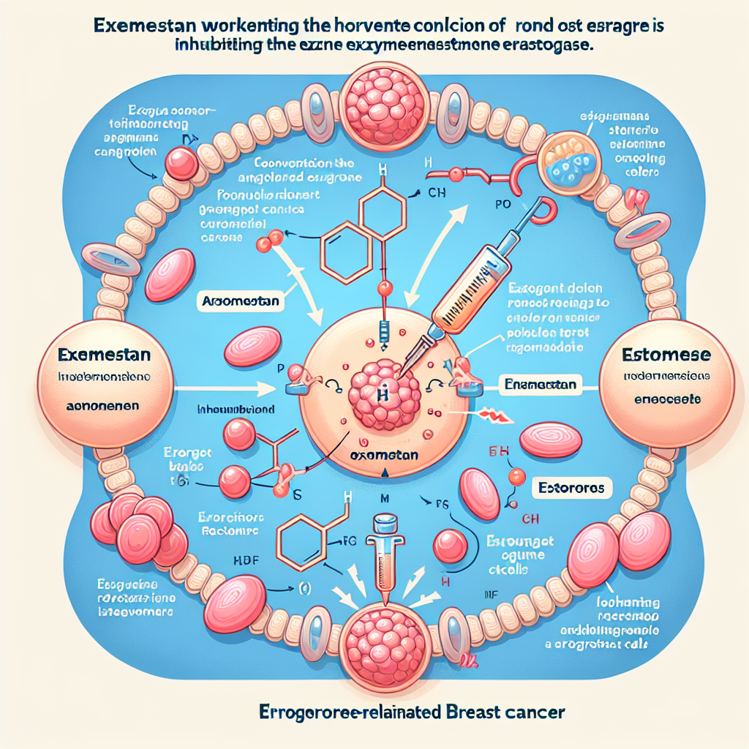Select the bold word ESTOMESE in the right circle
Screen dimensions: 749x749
[666, 356]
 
